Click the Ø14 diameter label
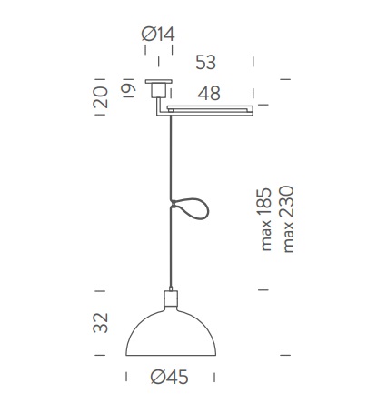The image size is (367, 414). tap(158, 34)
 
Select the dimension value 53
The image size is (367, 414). tap(205, 63)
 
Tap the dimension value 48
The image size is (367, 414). tap(209, 94)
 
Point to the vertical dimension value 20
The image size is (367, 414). tap(101, 97)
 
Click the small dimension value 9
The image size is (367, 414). tap(128, 88)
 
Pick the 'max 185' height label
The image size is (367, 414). tap(265, 219)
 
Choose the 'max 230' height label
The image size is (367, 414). tap(288, 219)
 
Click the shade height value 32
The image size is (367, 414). tap(101, 323)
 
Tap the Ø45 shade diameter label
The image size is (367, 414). tap(169, 378)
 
